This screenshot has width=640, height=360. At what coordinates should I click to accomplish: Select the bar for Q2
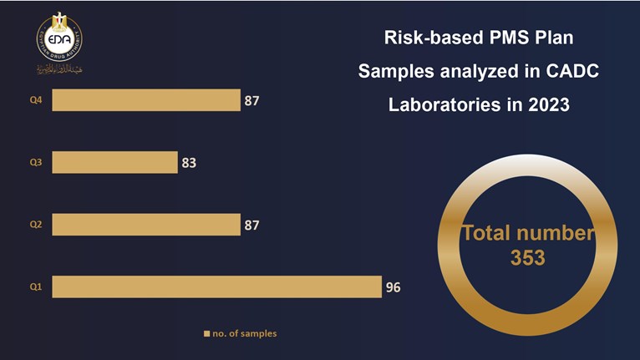click(x=145, y=224)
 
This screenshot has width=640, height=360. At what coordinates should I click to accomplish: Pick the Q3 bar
click(x=114, y=162)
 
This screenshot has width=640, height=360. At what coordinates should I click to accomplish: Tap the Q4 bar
click(x=145, y=100)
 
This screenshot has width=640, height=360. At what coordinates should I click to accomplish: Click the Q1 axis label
click(x=36, y=287)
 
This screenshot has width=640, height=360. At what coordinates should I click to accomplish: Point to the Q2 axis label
click(x=36, y=225)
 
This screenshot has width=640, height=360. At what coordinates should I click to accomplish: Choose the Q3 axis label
click(x=36, y=163)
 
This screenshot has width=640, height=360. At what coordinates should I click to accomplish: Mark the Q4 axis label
click(x=36, y=101)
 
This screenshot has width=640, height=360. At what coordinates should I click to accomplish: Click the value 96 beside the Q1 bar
click(x=393, y=287)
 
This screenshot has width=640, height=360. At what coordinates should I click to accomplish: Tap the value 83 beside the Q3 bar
click(x=189, y=163)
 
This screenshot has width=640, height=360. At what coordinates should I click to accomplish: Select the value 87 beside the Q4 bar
click(x=251, y=101)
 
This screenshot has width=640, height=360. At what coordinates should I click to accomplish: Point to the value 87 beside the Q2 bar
click(x=251, y=225)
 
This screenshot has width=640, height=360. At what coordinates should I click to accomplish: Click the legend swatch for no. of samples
click(x=207, y=334)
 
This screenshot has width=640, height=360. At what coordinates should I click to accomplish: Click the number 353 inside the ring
click(x=527, y=258)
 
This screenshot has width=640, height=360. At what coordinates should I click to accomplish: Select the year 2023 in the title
click(x=548, y=106)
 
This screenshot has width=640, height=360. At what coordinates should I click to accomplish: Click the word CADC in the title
click(x=572, y=72)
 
